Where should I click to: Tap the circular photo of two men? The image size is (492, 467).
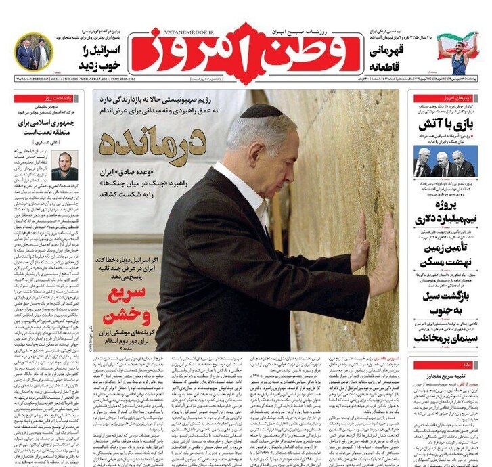[33, 52]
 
